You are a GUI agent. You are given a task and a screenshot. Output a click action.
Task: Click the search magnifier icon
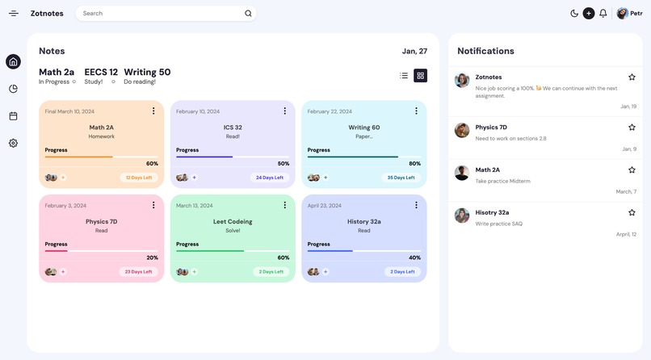click(x=248, y=13)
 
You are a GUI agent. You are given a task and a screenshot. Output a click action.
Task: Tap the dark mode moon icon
click(x=574, y=13)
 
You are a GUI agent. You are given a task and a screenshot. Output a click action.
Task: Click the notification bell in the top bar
click(x=603, y=13)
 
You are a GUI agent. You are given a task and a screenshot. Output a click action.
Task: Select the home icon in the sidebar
click(x=13, y=62)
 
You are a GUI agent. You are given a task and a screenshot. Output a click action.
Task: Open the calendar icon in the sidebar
click(x=13, y=116)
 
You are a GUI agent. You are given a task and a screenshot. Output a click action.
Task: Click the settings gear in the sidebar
click(x=13, y=143)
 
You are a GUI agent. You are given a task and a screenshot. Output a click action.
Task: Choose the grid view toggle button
click(x=420, y=76)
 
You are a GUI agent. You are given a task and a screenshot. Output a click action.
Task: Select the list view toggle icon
click(x=404, y=76)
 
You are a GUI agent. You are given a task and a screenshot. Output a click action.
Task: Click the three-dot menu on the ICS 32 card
click(x=285, y=111)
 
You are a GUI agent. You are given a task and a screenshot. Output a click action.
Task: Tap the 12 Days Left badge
click(x=139, y=178)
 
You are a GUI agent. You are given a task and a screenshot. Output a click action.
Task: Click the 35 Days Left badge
click(x=401, y=178)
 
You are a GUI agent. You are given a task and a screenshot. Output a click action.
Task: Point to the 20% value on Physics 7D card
click(x=152, y=257)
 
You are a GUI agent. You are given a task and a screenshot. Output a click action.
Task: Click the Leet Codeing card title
click(x=233, y=221)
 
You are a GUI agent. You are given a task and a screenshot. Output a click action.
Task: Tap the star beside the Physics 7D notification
click(x=632, y=128)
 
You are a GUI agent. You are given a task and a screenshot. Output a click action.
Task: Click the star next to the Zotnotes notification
click(x=632, y=77)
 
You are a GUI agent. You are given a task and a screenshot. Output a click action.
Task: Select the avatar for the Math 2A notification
click(x=462, y=173)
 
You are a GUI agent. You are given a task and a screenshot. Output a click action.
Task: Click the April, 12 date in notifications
click(x=626, y=234)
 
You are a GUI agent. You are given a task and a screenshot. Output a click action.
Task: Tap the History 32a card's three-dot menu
click(x=416, y=206)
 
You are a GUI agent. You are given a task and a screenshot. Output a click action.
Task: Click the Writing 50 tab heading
click(x=147, y=72)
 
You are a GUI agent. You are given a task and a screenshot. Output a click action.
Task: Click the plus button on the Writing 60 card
click(x=325, y=178)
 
